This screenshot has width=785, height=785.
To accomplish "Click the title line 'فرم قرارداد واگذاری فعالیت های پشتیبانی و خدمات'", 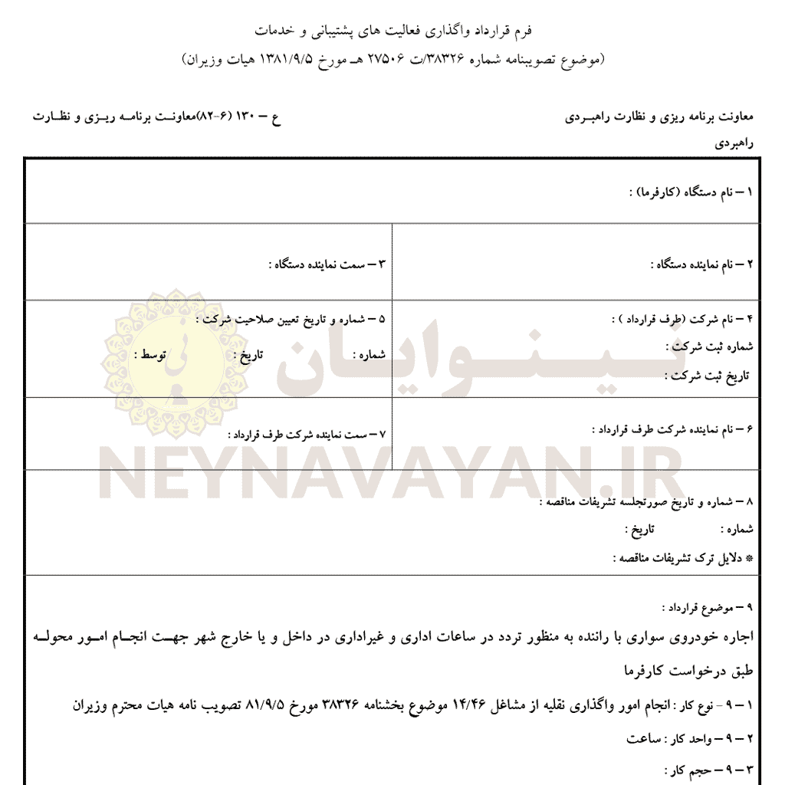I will [x=392, y=30].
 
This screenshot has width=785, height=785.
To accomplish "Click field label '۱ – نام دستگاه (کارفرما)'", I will [x=689, y=192].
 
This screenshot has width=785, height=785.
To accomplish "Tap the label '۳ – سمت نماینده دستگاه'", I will [x=330, y=264].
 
